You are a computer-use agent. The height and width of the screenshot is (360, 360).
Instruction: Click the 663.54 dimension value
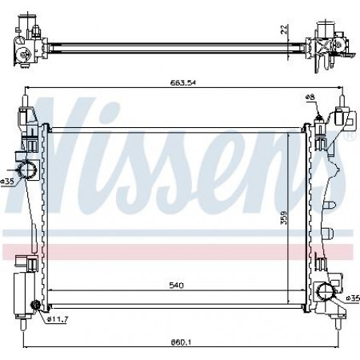pos(182,82)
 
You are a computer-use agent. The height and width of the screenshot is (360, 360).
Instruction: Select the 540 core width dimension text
pos(177,286)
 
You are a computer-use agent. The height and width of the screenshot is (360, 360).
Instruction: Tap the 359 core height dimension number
pos(284,218)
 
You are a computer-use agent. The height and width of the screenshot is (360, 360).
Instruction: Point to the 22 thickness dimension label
pos(285,29)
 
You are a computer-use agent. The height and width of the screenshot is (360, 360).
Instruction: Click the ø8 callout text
pos(310,98)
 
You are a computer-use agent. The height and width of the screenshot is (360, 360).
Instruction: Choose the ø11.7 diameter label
pos(58,318)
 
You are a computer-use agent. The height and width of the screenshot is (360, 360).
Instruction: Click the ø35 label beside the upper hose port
pos(7,182)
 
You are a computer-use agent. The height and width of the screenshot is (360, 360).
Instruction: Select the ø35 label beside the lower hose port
pos(353,298)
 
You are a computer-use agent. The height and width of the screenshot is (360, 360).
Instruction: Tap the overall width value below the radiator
pos(181,342)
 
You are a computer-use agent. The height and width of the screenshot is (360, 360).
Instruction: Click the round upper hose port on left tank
pos(27,170)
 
